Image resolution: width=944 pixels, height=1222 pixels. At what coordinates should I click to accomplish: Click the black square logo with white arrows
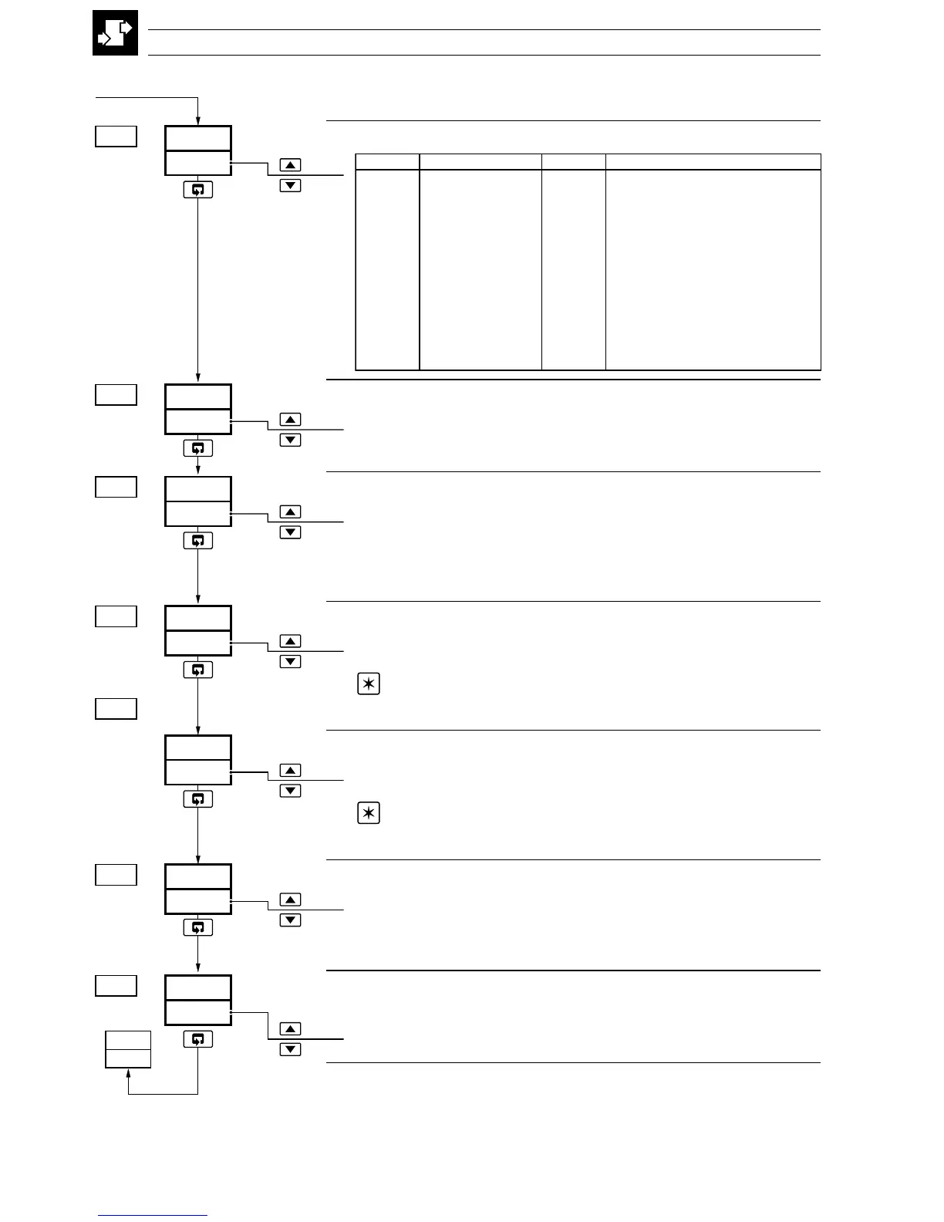tap(116, 33)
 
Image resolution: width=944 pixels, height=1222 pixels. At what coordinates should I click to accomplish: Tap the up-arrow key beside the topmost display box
tap(290, 165)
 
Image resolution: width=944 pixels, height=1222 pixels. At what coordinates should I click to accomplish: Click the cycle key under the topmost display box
tap(198, 190)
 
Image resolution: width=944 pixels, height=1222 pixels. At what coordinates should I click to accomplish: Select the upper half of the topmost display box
tap(198, 139)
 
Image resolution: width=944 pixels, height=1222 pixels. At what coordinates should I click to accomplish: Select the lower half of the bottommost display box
tap(198, 1012)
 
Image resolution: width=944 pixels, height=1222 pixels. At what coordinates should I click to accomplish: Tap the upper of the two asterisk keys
tap(369, 684)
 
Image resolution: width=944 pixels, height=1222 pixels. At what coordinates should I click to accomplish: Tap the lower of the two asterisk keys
tap(369, 814)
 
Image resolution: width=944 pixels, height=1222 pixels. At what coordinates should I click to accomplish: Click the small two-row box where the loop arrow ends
tap(128, 1048)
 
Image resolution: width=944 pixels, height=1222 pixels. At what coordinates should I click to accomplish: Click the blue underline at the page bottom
tap(153, 1216)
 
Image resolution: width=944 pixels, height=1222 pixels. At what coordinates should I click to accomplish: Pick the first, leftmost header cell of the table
tap(387, 161)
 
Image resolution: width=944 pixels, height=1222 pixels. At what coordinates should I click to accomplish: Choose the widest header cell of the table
tap(713, 161)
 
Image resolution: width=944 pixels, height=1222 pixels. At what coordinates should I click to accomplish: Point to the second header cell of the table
tap(480, 161)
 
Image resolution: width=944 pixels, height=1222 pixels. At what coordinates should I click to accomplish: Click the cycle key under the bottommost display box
tap(198, 1039)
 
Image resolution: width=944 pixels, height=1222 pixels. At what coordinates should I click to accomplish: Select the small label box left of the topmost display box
tap(116, 137)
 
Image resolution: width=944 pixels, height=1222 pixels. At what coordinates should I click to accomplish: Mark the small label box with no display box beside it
tap(116, 708)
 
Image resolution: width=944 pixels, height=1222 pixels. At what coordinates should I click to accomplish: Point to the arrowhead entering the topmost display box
tap(198, 120)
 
